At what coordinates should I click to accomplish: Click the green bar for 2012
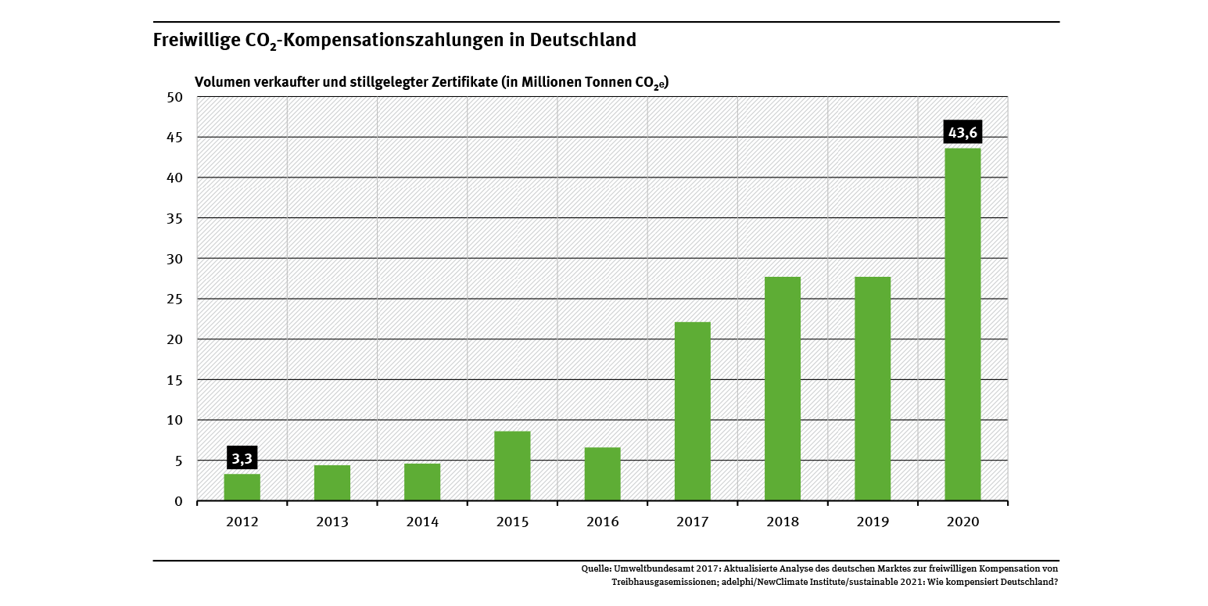point(242,487)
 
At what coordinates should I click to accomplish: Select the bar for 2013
point(332,483)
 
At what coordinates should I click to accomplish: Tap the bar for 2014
point(422,482)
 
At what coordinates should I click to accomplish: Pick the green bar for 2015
point(512,466)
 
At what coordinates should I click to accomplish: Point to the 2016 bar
point(602,474)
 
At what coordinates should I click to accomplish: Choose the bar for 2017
point(693,411)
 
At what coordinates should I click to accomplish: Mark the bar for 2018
point(783,389)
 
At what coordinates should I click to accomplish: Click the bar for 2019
point(873,389)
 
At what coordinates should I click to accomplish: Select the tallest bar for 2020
point(962,325)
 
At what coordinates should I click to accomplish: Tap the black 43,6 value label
point(962,133)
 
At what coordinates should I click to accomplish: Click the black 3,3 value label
point(242,458)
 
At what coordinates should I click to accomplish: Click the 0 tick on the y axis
point(178,501)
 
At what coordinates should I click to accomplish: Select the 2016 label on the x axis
point(602,522)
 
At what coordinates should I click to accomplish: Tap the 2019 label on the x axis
point(873,522)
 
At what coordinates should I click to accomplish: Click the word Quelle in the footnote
point(597,568)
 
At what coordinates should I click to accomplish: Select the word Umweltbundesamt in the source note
point(653,568)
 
